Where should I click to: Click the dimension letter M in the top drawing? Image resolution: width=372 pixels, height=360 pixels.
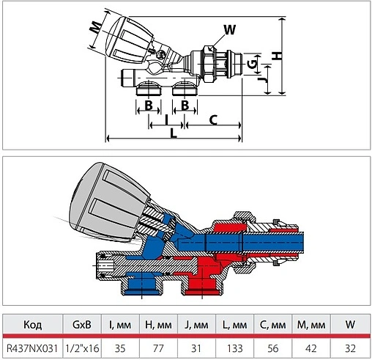click(x=95, y=27)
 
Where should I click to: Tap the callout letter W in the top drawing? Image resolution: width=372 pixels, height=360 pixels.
click(x=230, y=30)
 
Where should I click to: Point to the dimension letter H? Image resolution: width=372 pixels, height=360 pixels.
click(x=277, y=56)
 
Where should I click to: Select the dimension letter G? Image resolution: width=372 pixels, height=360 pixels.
click(x=253, y=64)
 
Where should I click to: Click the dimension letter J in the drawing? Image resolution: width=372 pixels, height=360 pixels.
click(x=263, y=80)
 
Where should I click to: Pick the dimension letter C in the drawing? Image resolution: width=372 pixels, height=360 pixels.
click(x=213, y=120)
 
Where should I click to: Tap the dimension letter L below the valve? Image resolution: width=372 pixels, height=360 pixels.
click(x=173, y=133)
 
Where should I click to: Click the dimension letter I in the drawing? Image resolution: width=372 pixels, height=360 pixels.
click(x=166, y=120)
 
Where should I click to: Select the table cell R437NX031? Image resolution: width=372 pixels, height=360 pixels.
click(x=32, y=348)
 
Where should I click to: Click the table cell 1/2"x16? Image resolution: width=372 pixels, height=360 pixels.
click(x=82, y=348)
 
